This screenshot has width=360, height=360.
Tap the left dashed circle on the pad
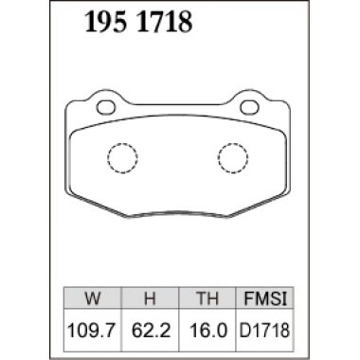point(121,157)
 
